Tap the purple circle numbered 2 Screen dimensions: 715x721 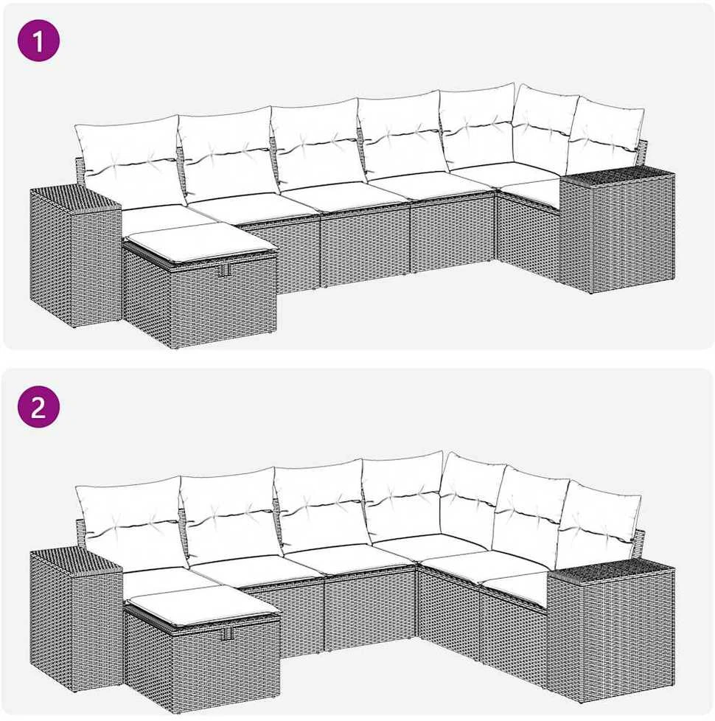(38, 406)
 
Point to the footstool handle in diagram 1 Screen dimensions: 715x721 (223, 271)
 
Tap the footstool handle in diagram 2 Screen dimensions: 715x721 (226, 633)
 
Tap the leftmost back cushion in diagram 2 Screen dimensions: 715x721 (133, 522)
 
